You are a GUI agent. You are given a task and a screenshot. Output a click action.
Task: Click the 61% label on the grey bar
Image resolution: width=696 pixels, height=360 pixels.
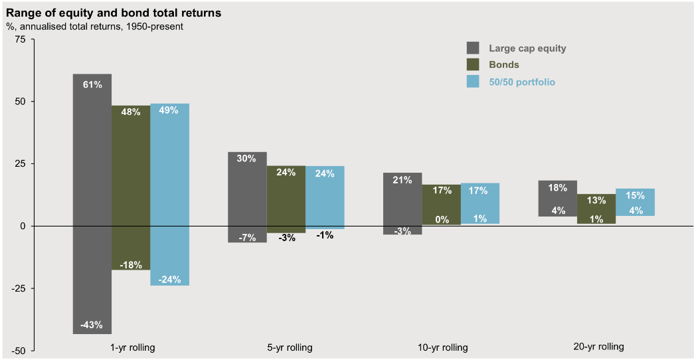92,84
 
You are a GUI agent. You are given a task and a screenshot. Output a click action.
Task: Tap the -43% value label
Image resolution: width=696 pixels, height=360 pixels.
92,325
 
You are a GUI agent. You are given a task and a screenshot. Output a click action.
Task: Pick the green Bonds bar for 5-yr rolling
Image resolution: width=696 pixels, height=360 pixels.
286,199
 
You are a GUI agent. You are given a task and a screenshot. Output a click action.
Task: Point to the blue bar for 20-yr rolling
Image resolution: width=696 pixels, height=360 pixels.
635,202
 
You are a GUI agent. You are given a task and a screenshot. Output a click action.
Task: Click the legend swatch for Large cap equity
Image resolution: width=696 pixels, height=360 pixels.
473,48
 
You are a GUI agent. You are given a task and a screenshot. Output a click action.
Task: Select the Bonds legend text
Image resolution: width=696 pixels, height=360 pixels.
504,65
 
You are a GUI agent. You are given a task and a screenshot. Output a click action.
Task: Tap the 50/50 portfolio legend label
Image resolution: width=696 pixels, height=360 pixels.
522,82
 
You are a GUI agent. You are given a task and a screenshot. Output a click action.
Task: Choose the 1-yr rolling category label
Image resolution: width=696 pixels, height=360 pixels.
133,347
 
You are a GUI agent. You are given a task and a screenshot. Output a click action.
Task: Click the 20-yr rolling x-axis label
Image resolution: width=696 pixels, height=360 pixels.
598,347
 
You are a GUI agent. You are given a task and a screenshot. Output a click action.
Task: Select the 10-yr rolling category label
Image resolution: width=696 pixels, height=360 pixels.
442,347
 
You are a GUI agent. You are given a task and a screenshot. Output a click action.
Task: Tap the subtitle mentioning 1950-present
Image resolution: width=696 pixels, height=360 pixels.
94,27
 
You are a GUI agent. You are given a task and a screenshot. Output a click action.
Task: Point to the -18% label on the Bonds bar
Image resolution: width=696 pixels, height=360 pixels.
130,265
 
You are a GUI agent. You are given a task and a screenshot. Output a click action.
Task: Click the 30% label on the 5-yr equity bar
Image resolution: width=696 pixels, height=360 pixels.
247,159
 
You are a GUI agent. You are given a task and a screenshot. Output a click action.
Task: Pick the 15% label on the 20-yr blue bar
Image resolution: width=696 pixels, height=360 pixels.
635,195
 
